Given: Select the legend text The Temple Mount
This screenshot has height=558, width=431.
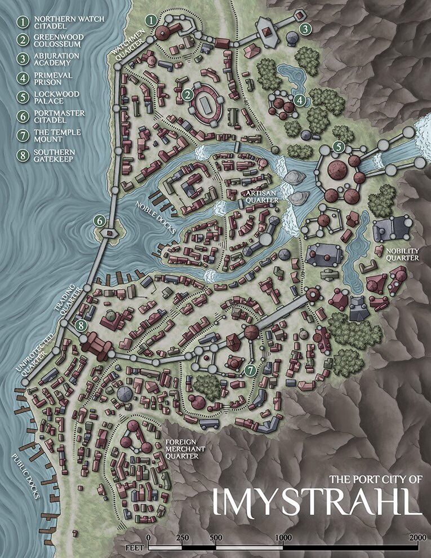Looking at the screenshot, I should [50, 136].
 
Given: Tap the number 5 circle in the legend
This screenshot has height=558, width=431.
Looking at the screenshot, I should [23, 98].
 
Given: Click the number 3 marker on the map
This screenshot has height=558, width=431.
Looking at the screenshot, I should [305, 28].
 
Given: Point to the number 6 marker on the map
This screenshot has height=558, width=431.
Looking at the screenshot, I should [100, 221].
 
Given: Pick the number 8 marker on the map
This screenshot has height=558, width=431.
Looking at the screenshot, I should [82, 325].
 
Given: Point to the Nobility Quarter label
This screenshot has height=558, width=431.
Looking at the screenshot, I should [402, 254].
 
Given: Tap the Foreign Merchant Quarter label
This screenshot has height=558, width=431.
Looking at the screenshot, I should [181, 449].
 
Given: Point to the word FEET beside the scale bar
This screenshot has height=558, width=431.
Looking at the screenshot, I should [129, 547].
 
